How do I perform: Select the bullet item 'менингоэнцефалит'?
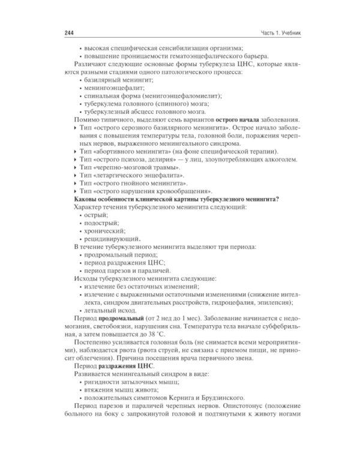click(x=112, y=88)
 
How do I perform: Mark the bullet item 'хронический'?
click(x=103, y=230)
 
